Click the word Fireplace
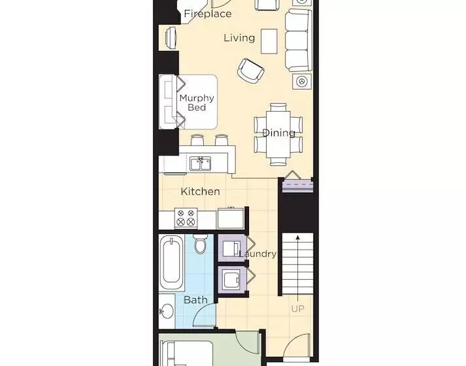coord(207,14)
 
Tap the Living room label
coord(239,38)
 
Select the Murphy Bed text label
coord(197,103)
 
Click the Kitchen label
coord(200,191)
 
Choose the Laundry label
coord(258,254)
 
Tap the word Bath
coord(195,300)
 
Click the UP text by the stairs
coord(297,308)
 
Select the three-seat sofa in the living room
coord(297,41)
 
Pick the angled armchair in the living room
coord(251,71)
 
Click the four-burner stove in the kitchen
coord(186,217)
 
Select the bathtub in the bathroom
coord(173,264)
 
